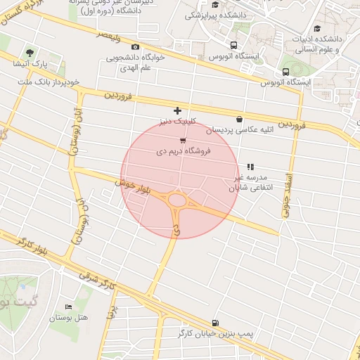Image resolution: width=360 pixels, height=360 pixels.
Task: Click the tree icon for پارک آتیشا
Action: [x=30, y=53]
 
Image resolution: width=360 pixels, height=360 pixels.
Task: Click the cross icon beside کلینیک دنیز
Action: [x=177, y=110]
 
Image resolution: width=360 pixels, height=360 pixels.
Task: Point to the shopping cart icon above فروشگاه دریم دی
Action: [x=183, y=142]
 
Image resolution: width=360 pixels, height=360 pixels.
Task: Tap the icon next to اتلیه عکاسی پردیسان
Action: [x=240, y=119]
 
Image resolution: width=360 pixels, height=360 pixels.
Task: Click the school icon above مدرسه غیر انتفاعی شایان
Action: [x=250, y=167]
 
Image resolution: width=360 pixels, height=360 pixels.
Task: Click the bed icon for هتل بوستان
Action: [x=68, y=307]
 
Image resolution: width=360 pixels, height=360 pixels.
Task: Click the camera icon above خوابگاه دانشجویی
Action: [x=135, y=46]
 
